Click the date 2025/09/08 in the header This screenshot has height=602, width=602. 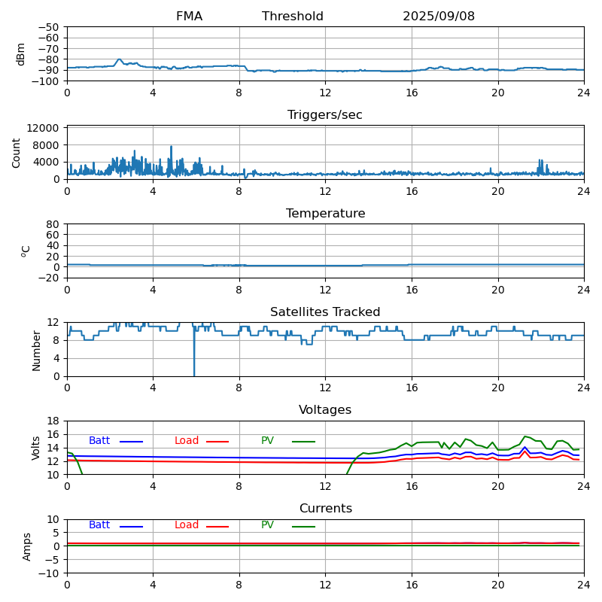point(439,17)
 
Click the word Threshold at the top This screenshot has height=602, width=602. point(293,17)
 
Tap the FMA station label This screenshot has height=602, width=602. point(189,17)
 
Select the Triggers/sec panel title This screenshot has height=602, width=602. point(325,115)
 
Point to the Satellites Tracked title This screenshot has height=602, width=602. point(325,312)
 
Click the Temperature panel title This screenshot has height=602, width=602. point(325,214)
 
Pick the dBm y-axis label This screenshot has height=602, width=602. point(21,53)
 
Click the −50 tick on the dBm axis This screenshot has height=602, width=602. point(49,27)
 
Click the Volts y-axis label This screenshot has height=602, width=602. point(36,448)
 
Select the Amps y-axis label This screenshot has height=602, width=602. point(27,546)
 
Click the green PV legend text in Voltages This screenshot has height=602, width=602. point(268,441)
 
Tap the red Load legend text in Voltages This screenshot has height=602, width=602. point(187,441)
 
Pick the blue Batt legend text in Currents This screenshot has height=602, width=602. point(99,525)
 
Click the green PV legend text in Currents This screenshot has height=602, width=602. point(268,525)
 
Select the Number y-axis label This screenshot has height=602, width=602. point(36,350)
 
